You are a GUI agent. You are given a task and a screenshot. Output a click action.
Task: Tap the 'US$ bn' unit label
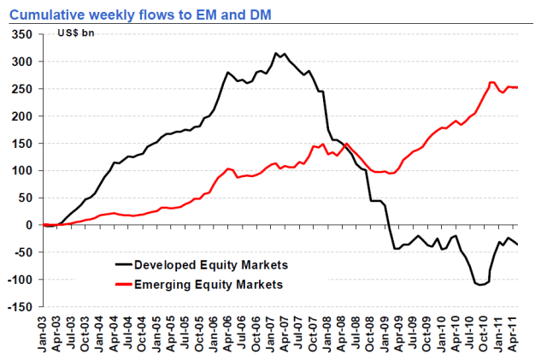point(75,33)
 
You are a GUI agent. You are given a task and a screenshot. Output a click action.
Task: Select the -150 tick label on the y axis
point(21,307)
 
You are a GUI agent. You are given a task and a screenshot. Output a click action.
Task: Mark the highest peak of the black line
point(275,53)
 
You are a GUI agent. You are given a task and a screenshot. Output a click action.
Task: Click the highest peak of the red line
point(492,82)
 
